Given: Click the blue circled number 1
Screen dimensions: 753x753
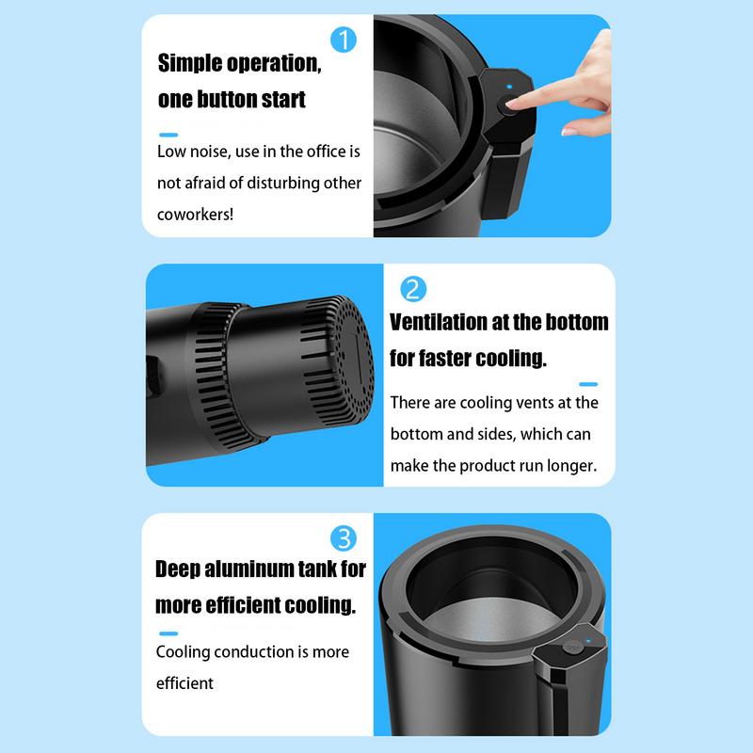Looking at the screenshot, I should tap(345, 40).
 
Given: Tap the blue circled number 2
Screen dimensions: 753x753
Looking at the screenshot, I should tap(413, 289).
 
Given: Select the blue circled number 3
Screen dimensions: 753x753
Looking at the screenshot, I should tap(345, 538).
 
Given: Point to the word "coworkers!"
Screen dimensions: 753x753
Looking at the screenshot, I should tap(196, 214).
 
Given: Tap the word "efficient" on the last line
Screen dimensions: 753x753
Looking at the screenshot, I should tap(185, 682).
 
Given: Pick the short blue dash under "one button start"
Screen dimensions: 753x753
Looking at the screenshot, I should tap(168, 134).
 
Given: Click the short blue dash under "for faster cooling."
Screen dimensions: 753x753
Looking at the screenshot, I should tap(588, 383).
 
